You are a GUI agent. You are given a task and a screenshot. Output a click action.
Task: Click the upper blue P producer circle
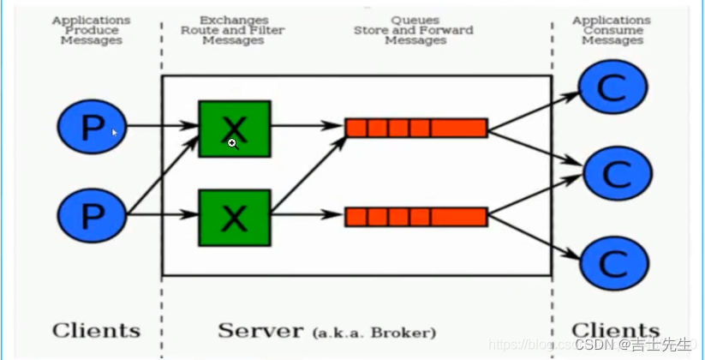coord(92,128)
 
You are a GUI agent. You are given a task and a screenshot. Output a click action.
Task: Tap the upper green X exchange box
coord(234,129)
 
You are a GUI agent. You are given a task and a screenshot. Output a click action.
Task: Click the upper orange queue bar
coord(416,129)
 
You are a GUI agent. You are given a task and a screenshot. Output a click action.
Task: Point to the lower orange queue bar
coord(416,216)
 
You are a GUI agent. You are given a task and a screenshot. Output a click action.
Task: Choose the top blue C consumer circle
coord(613,87)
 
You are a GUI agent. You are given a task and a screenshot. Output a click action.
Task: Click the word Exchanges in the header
coord(233,19)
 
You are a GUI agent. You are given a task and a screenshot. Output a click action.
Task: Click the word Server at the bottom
coord(260,331)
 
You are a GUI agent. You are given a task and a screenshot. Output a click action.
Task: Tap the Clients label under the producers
coord(96,331)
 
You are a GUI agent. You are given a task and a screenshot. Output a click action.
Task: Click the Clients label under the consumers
coord(615,331)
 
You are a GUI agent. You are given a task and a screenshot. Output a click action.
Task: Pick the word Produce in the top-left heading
coord(91,30)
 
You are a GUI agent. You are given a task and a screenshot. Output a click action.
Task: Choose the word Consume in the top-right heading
coord(611,30)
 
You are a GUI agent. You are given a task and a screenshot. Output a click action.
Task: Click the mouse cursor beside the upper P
coord(115,132)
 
